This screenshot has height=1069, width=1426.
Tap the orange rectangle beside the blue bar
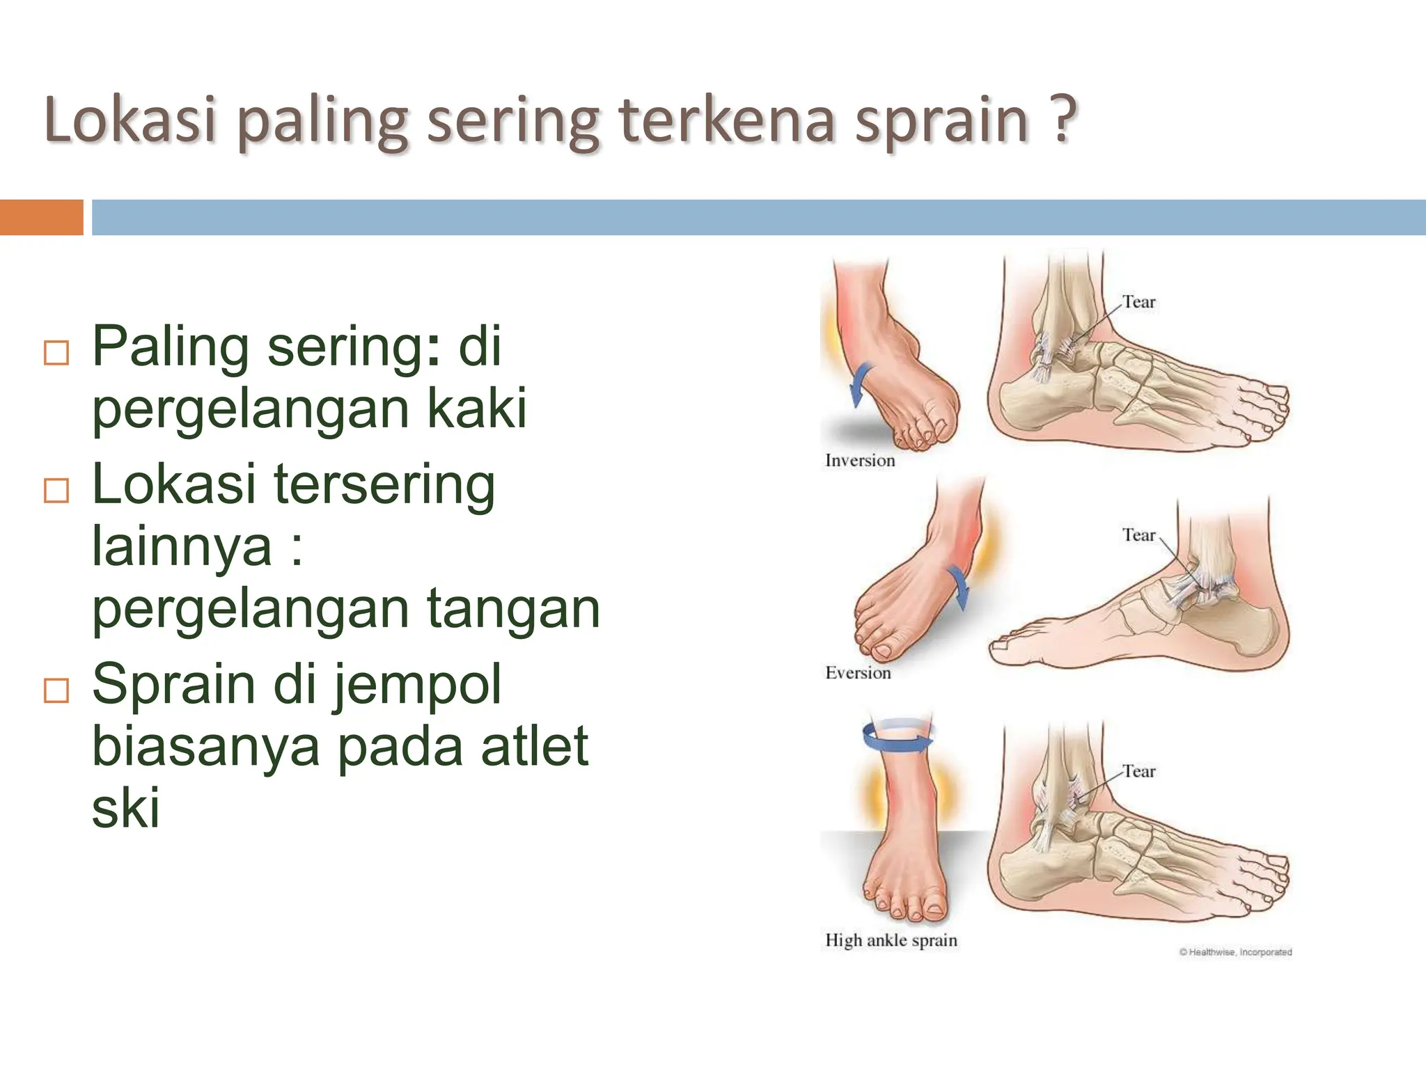[x=41, y=217]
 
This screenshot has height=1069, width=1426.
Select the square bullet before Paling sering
[x=56, y=353]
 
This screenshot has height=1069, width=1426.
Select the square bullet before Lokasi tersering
[x=56, y=490]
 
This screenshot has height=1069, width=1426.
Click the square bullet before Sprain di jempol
[x=56, y=690]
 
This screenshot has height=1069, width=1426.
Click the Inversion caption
[x=860, y=460]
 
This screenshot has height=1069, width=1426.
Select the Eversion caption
[x=858, y=672]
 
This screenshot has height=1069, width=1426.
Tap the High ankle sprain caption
[x=891, y=940]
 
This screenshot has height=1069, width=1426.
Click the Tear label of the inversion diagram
[x=1138, y=302]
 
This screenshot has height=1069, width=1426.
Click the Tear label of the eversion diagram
[x=1138, y=534]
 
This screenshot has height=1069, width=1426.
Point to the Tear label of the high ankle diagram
[x=1138, y=771]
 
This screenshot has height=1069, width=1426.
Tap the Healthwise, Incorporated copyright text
[x=1235, y=952]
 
